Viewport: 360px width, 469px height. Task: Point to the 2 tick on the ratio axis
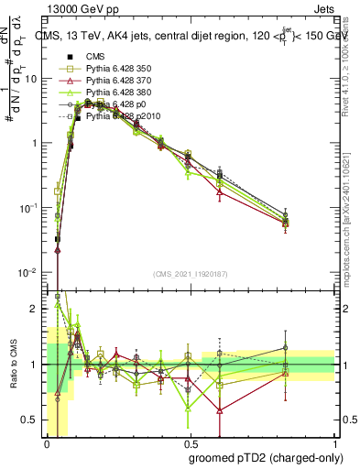(x=35, y=309)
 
